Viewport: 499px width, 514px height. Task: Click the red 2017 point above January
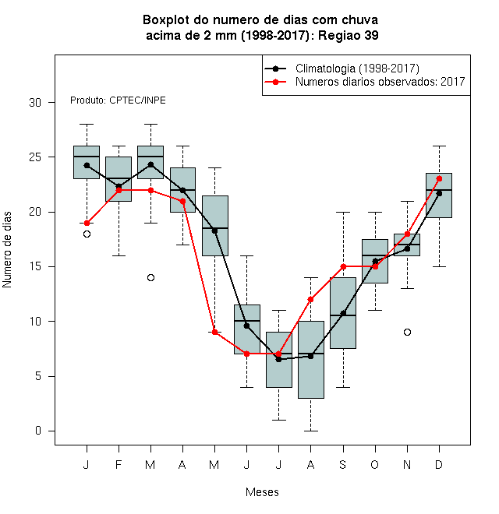tap(87, 224)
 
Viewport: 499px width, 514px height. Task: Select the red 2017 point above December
tap(439, 178)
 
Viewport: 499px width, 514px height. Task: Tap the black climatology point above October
tap(375, 261)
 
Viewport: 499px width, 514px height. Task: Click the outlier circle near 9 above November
tap(407, 332)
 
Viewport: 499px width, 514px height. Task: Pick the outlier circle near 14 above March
tap(150, 278)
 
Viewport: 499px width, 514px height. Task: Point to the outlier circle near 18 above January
tap(87, 234)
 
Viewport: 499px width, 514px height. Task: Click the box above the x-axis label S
tap(343, 313)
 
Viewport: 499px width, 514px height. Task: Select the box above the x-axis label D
tap(439, 195)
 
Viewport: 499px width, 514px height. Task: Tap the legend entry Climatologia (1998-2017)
tap(342, 69)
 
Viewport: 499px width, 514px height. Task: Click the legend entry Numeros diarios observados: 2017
tap(364, 82)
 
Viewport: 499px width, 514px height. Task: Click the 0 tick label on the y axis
tap(38, 431)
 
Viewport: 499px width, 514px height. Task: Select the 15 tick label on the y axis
tap(35, 266)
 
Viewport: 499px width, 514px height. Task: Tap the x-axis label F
tap(119, 464)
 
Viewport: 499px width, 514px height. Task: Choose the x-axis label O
tap(375, 464)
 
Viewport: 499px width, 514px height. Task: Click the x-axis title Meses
tap(262, 492)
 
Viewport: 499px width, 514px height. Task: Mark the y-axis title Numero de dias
tap(7, 250)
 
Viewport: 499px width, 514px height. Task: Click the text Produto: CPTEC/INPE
tap(118, 100)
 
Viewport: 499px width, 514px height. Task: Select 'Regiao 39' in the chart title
tap(349, 35)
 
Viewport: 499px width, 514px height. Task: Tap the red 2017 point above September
tap(343, 266)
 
